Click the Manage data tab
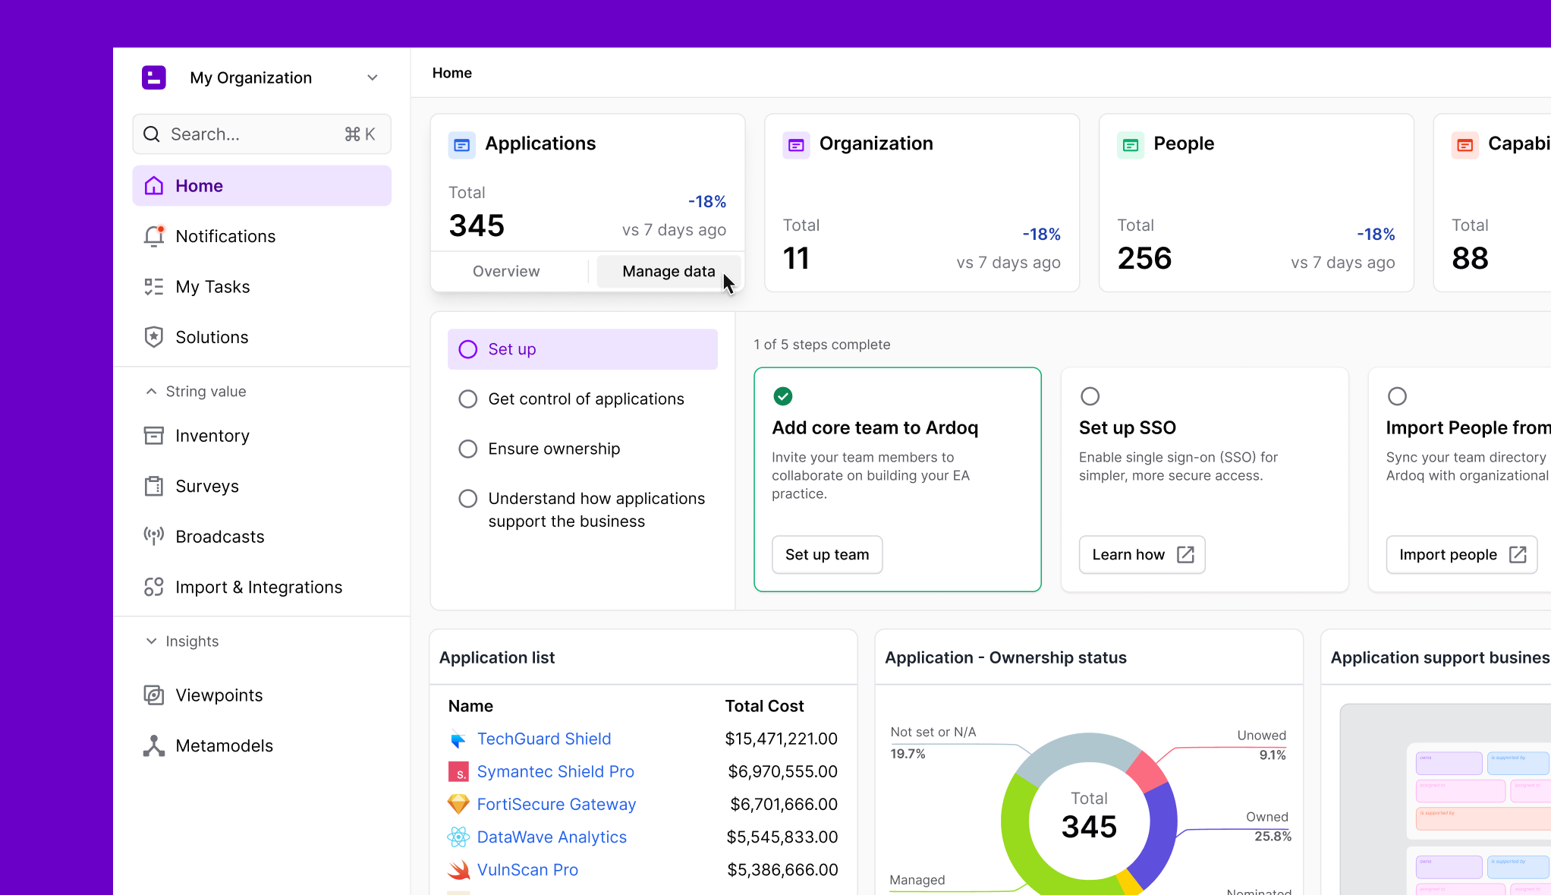point(668,272)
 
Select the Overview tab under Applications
point(506,272)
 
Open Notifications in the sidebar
point(225,237)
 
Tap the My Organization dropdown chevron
point(373,78)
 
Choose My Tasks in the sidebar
point(212,287)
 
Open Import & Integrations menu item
point(259,588)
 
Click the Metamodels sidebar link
point(224,746)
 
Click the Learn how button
point(1141,555)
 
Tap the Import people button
point(1461,555)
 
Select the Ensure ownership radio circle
point(468,449)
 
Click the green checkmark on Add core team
point(782,396)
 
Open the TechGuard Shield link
point(543,739)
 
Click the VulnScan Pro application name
point(527,870)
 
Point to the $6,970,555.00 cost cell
point(782,772)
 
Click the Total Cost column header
point(764,707)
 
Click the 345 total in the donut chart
point(1089,827)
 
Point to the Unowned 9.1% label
point(1261,745)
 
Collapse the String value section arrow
point(152,392)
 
